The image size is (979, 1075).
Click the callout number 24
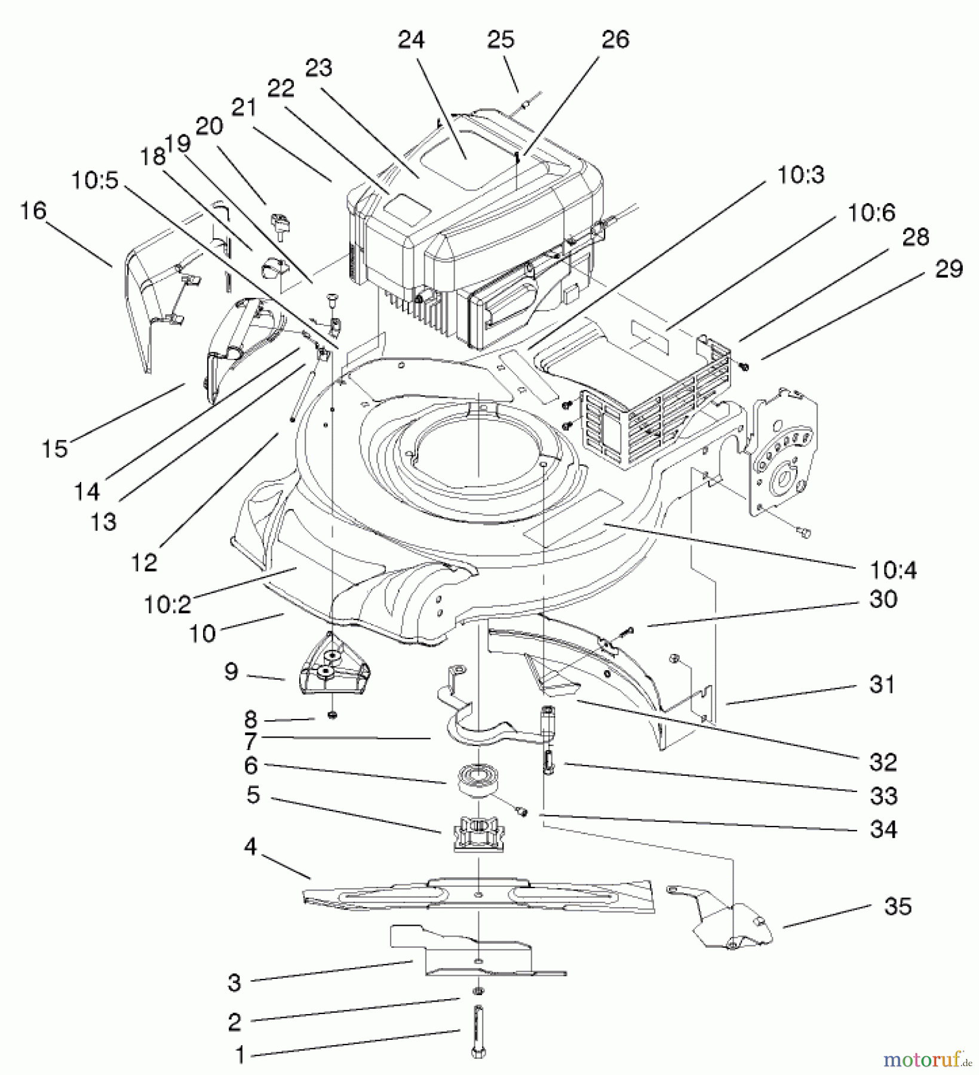click(x=411, y=39)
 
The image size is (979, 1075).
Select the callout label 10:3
click(x=801, y=175)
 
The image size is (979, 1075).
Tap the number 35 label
click(x=898, y=907)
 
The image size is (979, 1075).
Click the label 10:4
click(x=893, y=570)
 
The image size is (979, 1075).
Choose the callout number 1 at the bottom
click(x=240, y=1056)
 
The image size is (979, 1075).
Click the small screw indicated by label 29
click(x=744, y=365)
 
